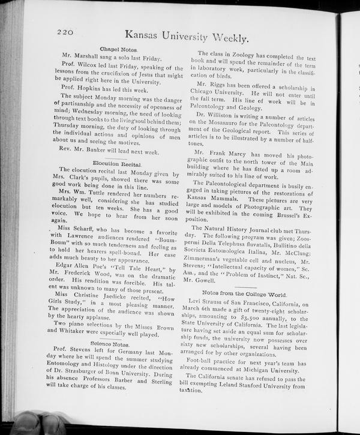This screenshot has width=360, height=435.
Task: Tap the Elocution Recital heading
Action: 117,163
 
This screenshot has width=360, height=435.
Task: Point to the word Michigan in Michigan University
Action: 273,371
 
